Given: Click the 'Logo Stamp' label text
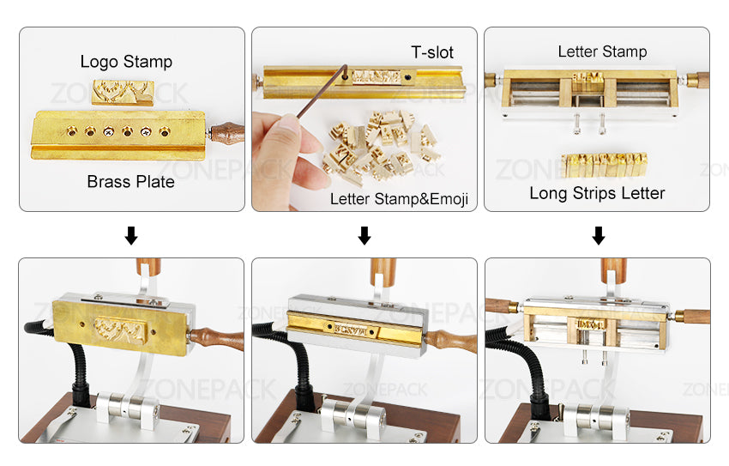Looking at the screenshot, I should [126, 62].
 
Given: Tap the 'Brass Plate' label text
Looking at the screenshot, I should [130, 182].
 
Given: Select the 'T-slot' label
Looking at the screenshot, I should [431, 53].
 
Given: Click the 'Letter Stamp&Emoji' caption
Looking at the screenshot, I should [399, 199].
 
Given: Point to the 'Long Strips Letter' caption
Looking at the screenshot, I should [597, 193].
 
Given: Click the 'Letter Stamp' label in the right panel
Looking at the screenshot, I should [602, 51].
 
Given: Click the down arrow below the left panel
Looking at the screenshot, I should [131, 235].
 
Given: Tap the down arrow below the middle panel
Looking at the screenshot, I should [364, 235].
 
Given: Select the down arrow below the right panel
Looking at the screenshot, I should [598, 235].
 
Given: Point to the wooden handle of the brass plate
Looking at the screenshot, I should [226, 133].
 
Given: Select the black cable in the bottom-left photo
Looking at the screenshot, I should [72, 360].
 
